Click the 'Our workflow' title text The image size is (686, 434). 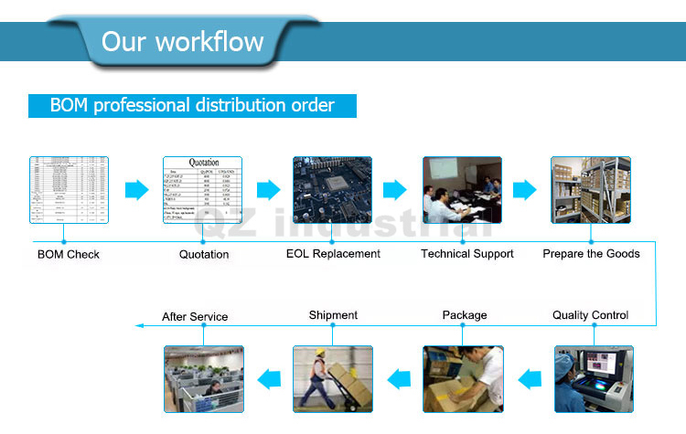[182, 41]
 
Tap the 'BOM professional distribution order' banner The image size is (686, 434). [192, 105]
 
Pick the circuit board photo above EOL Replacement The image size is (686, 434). [332, 190]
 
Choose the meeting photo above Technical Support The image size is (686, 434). [462, 190]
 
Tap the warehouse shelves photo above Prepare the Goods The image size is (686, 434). [591, 190]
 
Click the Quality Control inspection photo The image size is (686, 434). [594, 378]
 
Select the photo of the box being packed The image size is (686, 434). [463, 378]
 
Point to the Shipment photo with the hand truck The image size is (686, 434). [332, 378]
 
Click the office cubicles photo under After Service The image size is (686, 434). [203, 378]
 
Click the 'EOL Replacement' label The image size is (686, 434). [333, 253]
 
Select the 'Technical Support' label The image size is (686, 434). [467, 253]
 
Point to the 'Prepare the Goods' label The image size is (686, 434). [591, 253]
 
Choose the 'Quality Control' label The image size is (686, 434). [590, 315]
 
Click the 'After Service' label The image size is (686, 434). [195, 317]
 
